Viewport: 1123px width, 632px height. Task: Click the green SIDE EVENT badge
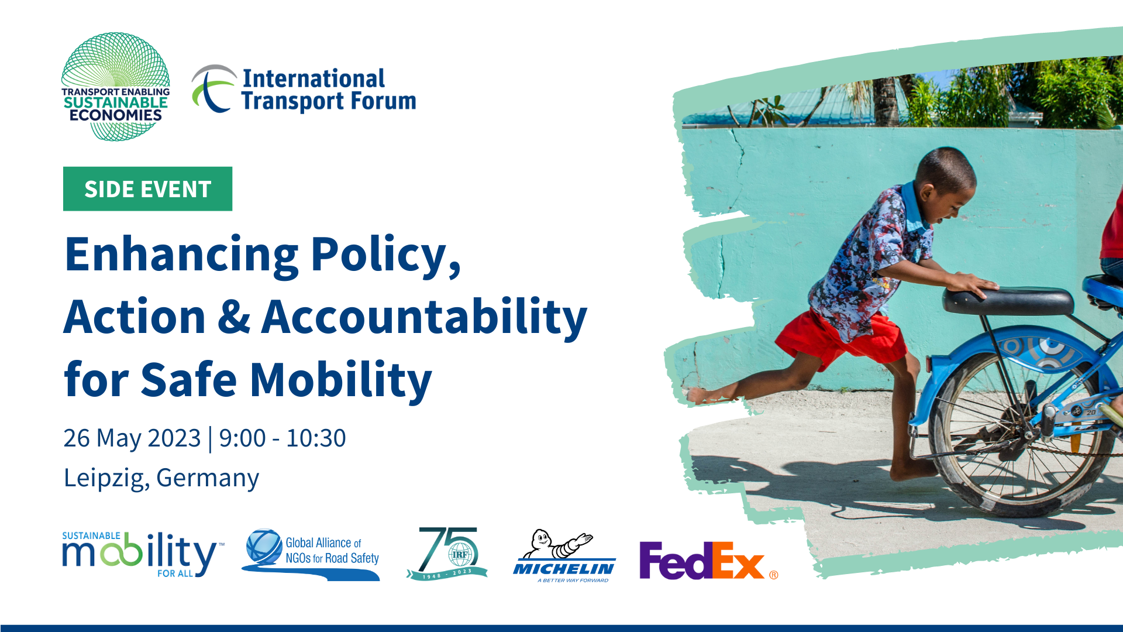(x=147, y=188)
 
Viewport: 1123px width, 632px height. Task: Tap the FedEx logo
(x=708, y=560)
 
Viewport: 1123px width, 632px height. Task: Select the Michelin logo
(x=564, y=556)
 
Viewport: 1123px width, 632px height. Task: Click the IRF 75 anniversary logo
(x=447, y=554)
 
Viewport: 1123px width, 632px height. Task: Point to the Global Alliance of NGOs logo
(x=311, y=554)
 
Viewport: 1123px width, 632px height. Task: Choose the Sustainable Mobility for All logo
(x=143, y=554)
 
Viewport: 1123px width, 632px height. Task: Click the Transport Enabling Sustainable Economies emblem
(x=116, y=87)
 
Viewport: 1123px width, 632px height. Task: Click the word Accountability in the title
(x=424, y=318)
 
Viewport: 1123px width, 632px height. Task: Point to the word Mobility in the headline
(x=341, y=381)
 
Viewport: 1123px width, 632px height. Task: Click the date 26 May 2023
(x=132, y=438)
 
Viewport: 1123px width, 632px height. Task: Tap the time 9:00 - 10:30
(x=283, y=438)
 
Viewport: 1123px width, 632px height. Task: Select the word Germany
(x=208, y=479)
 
